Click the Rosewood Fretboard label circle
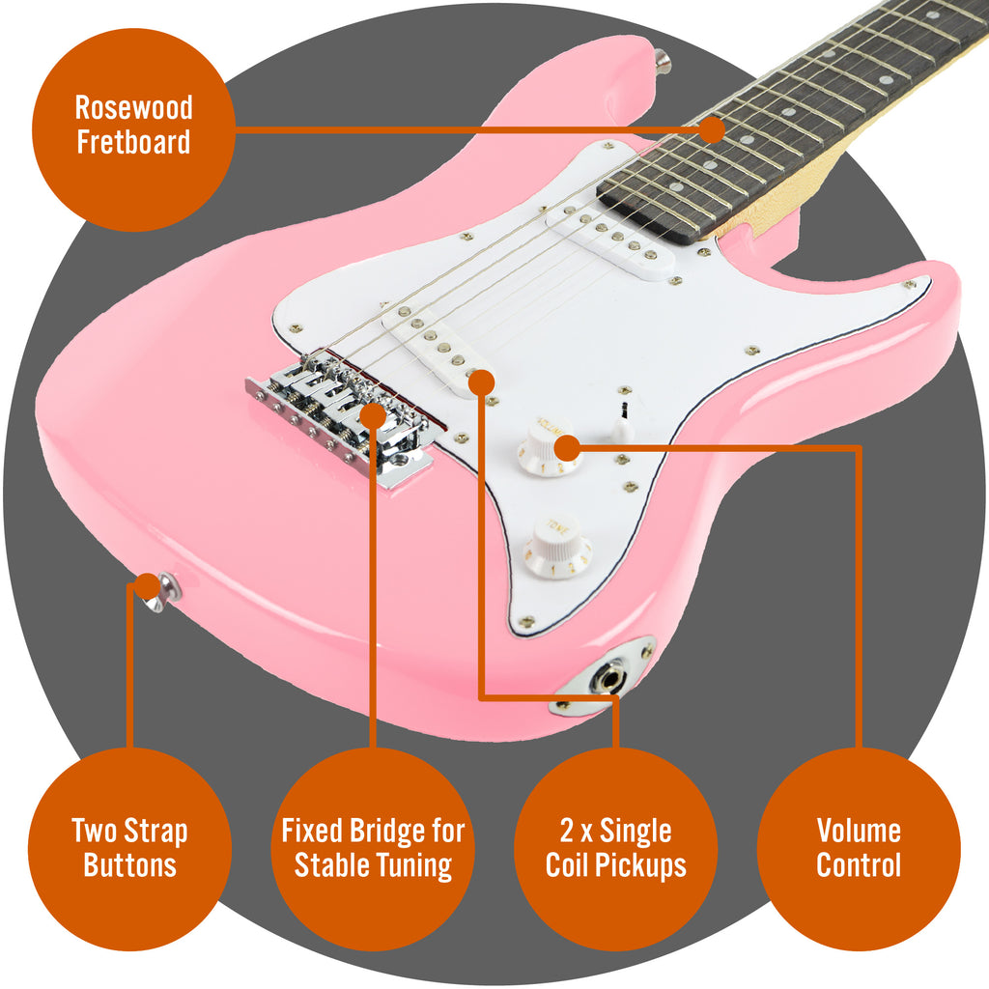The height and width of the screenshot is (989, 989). tap(133, 129)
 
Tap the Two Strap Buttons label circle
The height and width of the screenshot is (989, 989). tap(129, 849)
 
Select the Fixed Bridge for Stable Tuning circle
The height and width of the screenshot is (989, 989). tap(373, 849)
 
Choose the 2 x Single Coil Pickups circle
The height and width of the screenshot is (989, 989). tap(615, 849)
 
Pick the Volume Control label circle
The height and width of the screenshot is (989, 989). tap(859, 849)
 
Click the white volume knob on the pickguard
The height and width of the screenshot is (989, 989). tap(548, 448)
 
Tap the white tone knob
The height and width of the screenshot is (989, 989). tap(557, 549)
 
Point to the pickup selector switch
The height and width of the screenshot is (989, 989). tap(622, 423)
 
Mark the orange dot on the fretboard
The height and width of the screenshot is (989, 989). tap(713, 130)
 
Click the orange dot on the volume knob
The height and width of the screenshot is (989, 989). tap(566, 449)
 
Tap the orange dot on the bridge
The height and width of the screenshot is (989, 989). tap(373, 415)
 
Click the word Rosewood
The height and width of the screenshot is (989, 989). tap(133, 108)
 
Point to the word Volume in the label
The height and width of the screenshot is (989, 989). tap(859, 831)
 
